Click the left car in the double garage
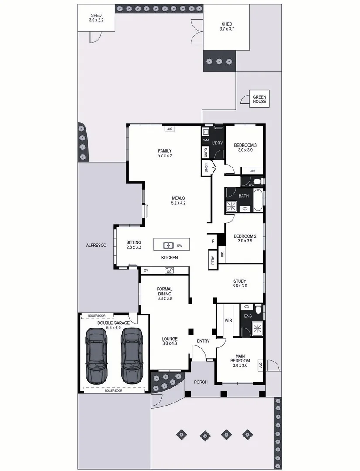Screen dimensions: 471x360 pyautogui.click(x=96, y=356)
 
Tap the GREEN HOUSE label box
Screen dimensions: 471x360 pyautogui.click(x=260, y=99)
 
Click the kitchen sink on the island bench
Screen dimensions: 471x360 pyautogui.click(x=168, y=245)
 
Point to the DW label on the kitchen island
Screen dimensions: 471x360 pyautogui.click(x=179, y=246)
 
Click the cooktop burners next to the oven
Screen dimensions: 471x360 pyautogui.click(x=169, y=270)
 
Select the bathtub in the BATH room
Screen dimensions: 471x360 pyautogui.click(x=258, y=201)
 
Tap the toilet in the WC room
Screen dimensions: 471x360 pyautogui.click(x=257, y=181)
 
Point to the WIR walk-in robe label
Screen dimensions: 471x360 pyautogui.click(x=228, y=321)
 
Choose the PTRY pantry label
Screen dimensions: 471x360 pyautogui.click(x=213, y=260)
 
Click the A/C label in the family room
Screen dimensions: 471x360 pyautogui.click(x=169, y=129)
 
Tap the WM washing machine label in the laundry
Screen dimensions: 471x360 pyautogui.click(x=206, y=140)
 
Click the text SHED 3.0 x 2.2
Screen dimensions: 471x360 pyautogui.click(x=96, y=18)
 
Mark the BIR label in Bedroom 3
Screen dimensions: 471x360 pyautogui.click(x=252, y=171)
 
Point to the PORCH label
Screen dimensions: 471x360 pyautogui.click(x=201, y=382)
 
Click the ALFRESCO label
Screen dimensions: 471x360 pyautogui.click(x=96, y=246)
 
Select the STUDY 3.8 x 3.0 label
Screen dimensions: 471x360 pyautogui.click(x=240, y=283)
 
